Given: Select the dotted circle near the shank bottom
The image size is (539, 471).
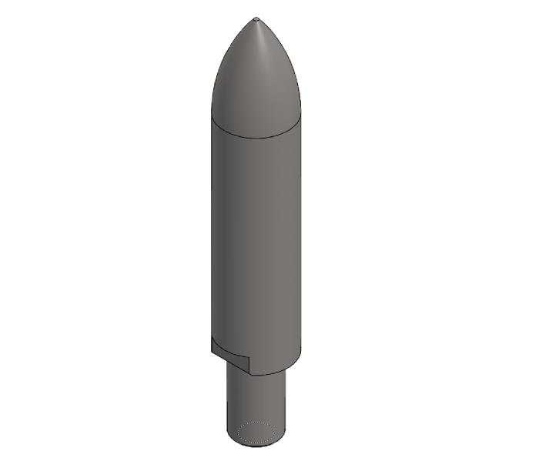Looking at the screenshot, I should click(256, 433).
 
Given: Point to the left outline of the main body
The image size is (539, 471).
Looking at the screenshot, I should click(212, 231).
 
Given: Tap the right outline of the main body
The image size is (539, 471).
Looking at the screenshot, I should click(300, 231).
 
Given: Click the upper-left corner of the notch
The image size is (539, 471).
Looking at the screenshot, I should click(212, 339).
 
